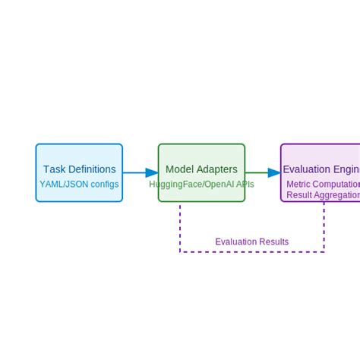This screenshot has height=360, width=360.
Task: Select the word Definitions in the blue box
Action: point(92,169)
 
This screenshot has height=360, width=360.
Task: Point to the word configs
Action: point(105,184)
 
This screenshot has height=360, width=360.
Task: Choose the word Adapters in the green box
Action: point(217,169)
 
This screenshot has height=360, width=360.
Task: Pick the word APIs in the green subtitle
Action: point(245,184)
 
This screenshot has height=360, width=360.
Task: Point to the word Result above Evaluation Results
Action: point(300,195)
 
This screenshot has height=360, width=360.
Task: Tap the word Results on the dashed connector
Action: point(274,242)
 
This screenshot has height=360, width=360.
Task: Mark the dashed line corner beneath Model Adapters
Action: point(180,251)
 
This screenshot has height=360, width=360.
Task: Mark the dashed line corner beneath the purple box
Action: point(324,251)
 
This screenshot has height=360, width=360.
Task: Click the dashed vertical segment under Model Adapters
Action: point(180,226)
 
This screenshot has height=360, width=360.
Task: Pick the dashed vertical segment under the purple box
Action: point(324,226)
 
